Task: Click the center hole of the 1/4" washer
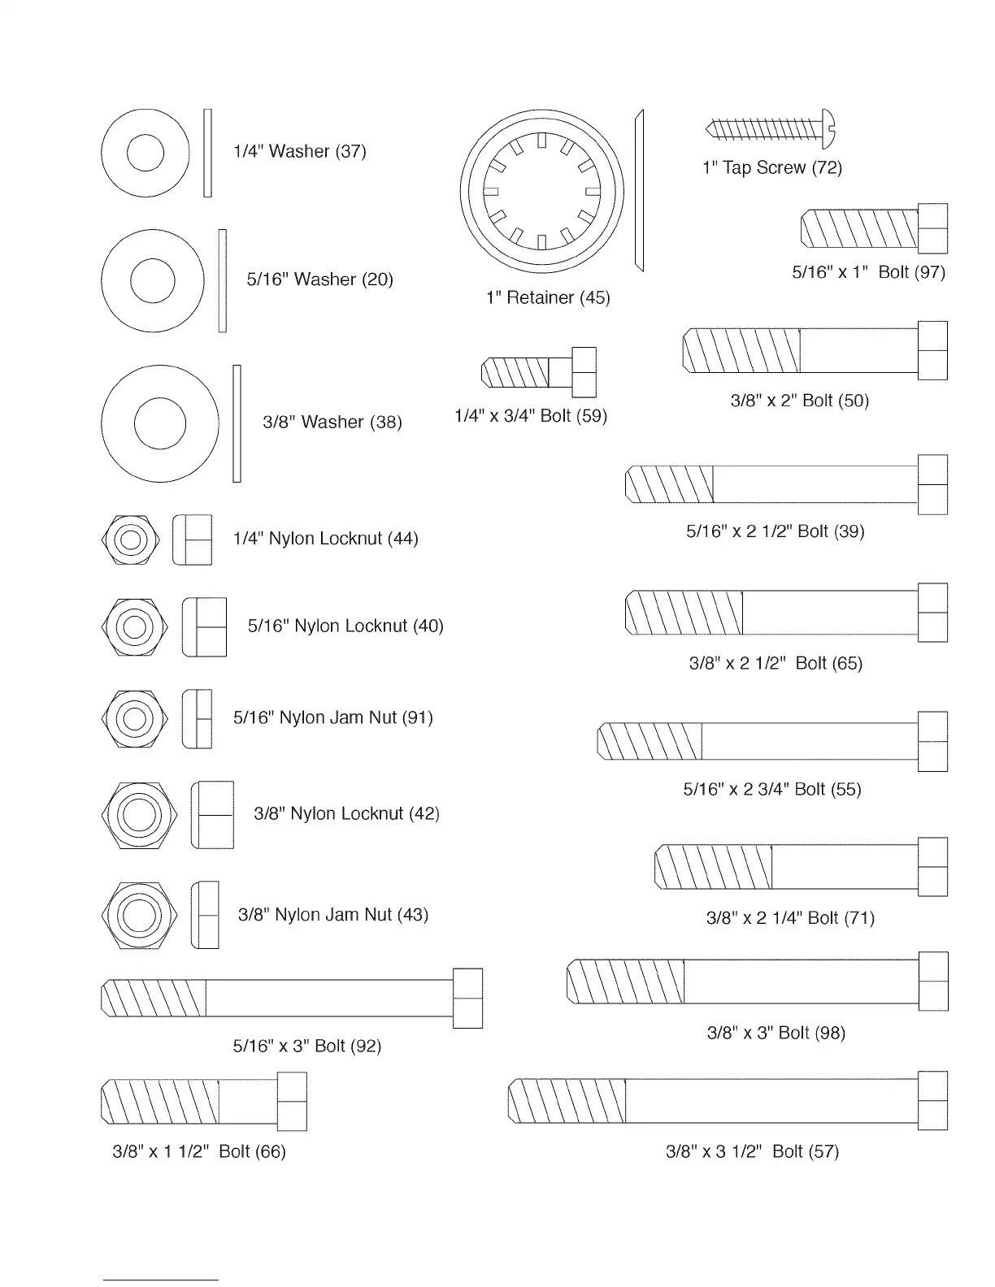(145, 152)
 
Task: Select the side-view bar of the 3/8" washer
(237, 423)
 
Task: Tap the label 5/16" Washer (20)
(319, 279)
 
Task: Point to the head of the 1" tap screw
(828, 129)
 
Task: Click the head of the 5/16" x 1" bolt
(933, 228)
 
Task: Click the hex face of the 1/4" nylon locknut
(131, 539)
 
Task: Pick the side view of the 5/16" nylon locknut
(204, 626)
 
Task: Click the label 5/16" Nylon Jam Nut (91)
(332, 717)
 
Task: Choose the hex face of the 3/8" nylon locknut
(139, 815)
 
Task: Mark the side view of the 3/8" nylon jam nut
(205, 915)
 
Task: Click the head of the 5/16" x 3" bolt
(467, 998)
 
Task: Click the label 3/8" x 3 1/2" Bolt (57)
(752, 1151)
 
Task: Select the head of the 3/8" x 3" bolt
(933, 981)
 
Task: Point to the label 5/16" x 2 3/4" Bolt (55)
(771, 789)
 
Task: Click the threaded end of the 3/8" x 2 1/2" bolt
(684, 613)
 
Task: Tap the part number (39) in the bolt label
(849, 531)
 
